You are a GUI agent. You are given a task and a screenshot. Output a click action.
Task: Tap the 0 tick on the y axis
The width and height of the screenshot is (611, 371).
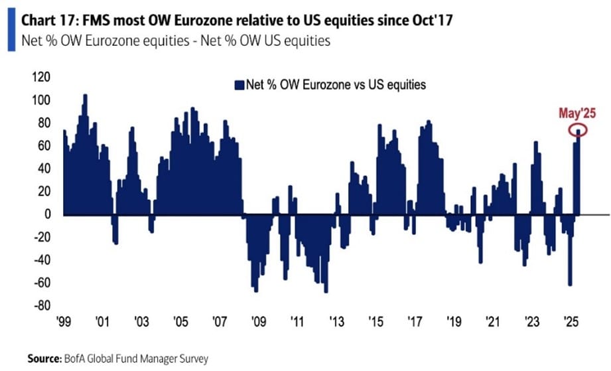click(47, 214)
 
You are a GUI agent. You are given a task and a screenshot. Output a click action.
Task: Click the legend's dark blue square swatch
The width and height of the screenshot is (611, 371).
click(239, 85)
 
